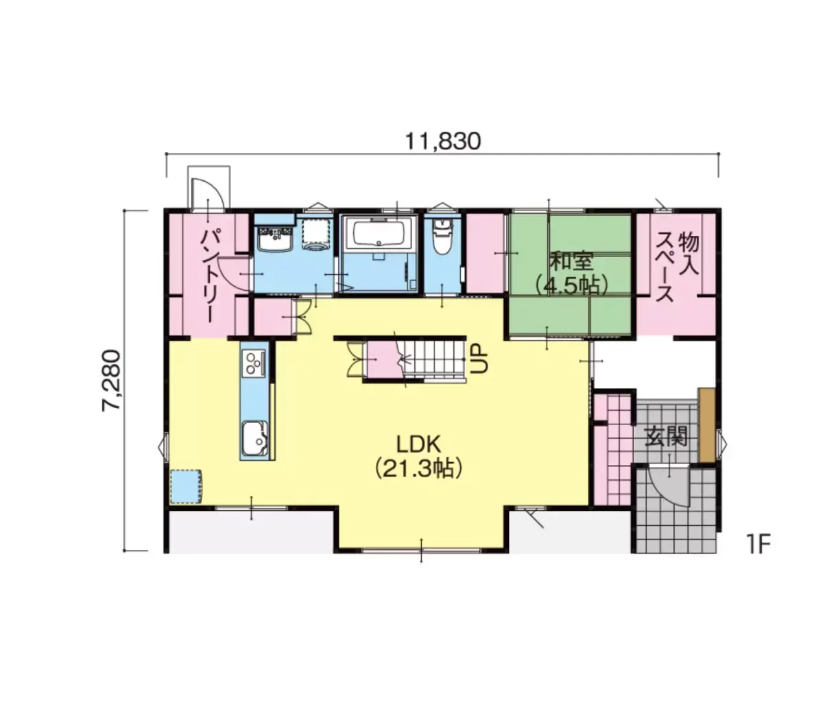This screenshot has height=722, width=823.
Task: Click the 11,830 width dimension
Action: [442, 141]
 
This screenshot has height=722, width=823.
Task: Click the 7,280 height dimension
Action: [111, 380]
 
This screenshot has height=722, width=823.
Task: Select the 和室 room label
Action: [571, 262]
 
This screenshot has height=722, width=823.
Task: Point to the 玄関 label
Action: [665, 437]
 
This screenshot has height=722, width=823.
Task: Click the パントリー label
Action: [210, 275]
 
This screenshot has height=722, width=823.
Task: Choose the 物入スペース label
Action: [677, 267]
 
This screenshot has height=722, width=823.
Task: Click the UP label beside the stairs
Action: [479, 359]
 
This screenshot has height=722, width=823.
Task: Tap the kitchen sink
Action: [254, 440]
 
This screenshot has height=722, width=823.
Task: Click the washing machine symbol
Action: [315, 234]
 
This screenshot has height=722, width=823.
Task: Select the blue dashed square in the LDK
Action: [186, 487]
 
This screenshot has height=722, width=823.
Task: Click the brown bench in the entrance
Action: [706, 424]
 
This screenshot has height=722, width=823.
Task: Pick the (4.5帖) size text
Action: [571, 285]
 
